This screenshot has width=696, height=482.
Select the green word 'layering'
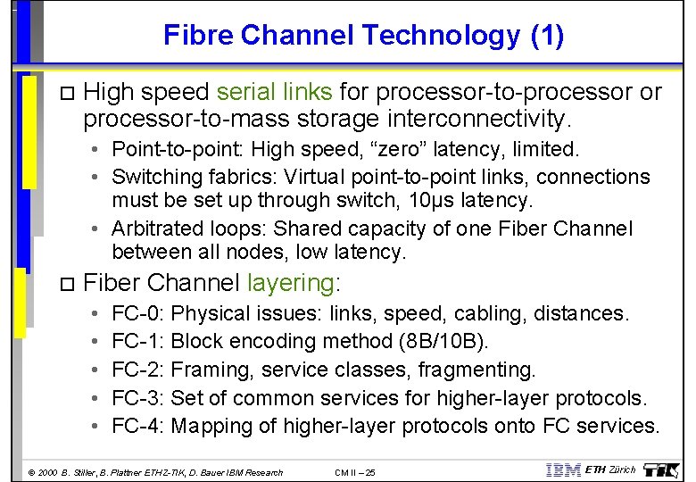pos(289,283)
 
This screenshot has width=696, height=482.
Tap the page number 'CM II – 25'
pos(355,472)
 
